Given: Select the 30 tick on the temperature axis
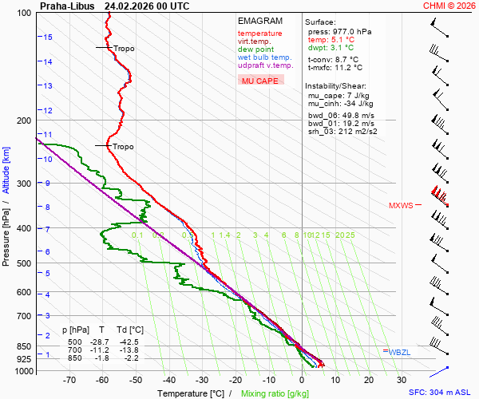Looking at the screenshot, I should pos(402,381).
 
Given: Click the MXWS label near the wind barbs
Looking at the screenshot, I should pos(401,206).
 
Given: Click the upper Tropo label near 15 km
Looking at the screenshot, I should pos(124,49).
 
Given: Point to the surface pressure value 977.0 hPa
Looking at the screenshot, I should pos(350,31).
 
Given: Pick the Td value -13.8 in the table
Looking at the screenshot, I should pos(133,350).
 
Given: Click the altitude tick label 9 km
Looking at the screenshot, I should pos(47,183).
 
